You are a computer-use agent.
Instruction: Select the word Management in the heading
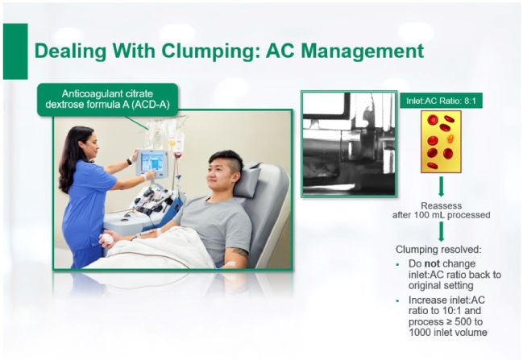(345, 52)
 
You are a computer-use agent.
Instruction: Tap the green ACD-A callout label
(107, 99)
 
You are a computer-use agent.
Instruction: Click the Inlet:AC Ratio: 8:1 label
(441, 101)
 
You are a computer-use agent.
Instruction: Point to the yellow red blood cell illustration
(441, 142)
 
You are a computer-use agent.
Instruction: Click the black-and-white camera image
(349, 143)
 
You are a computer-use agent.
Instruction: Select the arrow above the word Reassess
(442, 187)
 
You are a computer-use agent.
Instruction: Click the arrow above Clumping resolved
(442, 231)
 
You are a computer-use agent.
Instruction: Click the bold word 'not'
(432, 263)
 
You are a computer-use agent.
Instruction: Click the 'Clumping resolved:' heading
(438, 250)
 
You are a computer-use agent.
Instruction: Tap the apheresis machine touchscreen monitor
(152, 163)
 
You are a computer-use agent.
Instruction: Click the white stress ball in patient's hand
(108, 238)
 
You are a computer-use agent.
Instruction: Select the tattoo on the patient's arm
(239, 252)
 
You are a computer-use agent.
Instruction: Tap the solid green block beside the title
(15, 52)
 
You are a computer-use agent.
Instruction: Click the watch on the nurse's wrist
(129, 163)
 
